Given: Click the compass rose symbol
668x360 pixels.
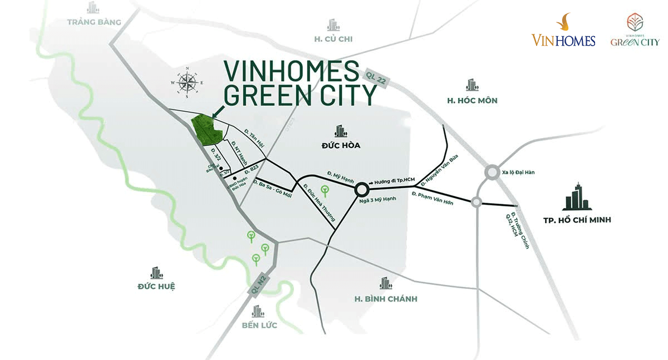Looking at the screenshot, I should (187, 82).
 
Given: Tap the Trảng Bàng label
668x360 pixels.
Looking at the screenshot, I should (94, 22).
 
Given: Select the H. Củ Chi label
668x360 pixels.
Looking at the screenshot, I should (333, 39).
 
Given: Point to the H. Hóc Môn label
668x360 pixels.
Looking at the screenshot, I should (472, 101).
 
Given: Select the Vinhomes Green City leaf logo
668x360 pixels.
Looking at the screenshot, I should (635, 31).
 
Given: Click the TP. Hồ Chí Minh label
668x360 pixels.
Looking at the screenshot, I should (577, 220).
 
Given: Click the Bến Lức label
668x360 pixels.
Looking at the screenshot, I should (259, 325).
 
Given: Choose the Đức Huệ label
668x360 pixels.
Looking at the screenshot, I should (156, 287).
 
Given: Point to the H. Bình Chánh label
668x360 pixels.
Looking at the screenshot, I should (385, 299).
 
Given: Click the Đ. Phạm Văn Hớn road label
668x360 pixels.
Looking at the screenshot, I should (433, 198).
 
